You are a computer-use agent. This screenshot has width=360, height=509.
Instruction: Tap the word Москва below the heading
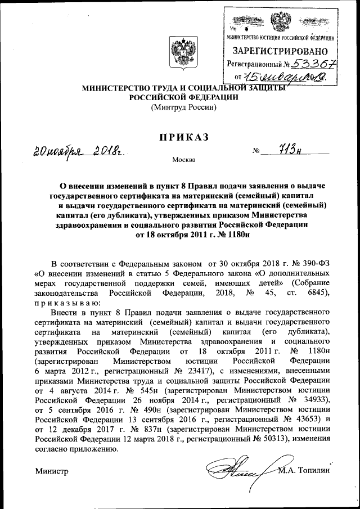click(x=184, y=160)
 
